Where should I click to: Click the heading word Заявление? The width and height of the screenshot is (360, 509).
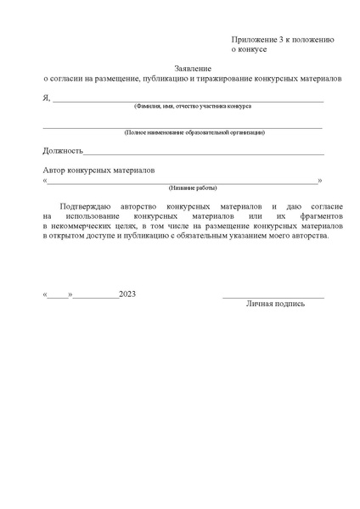[194, 67]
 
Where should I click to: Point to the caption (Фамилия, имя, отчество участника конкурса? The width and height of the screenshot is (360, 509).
[192, 107]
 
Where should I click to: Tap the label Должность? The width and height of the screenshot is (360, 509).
[62, 151]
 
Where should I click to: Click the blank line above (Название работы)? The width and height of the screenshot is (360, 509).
[183, 182]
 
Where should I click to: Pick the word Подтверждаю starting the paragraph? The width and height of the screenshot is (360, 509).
[87, 206]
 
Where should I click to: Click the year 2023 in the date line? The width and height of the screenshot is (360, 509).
[127, 294]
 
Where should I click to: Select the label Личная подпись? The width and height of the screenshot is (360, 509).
[275, 304]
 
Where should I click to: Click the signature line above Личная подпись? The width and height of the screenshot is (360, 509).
[273, 297]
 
